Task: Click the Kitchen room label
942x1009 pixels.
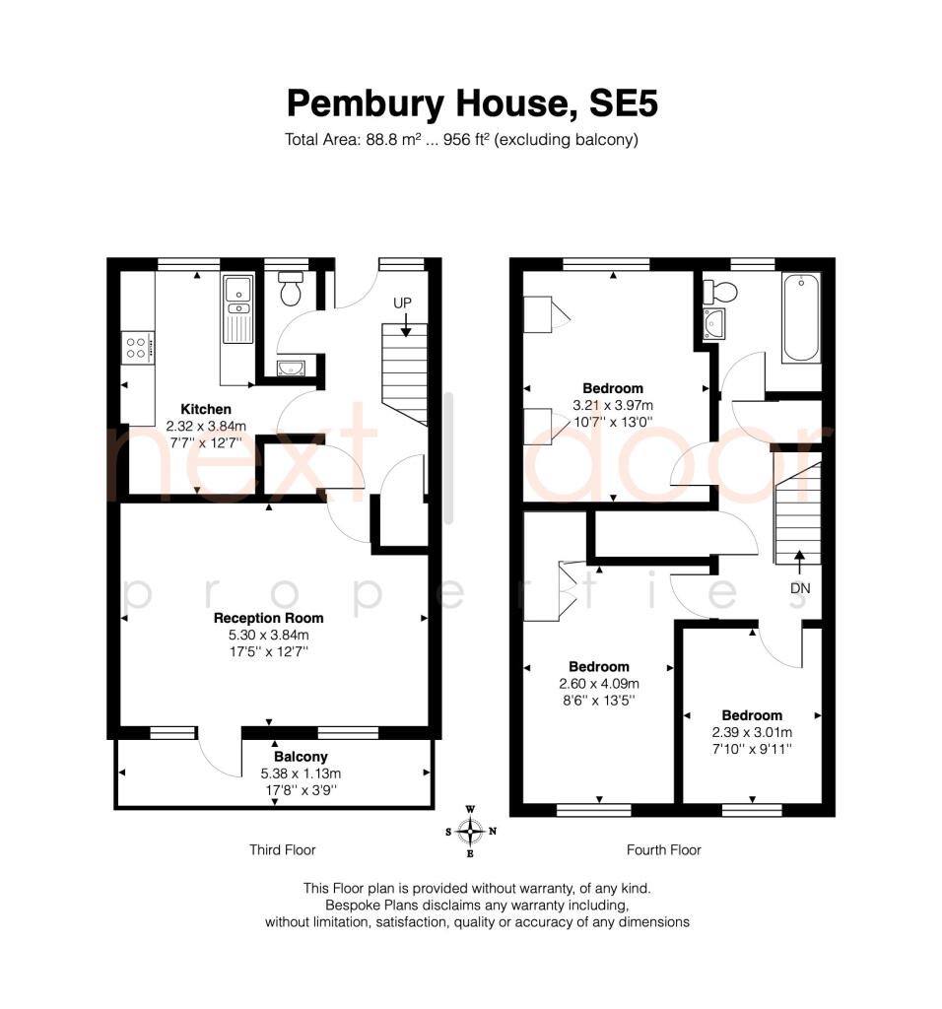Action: click(x=206, y=409)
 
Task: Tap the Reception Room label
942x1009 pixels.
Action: click(x=269, y=618)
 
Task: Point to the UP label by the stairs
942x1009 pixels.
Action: click(x=402, y=303)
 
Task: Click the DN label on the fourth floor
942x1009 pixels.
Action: click(x=799, y=587)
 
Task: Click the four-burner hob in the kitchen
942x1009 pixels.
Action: click(x=137, y=347)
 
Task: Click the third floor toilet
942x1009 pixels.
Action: click(x=291, y=289)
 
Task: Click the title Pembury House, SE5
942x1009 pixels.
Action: click(x=470, y=102)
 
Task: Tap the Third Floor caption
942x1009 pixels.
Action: click(x=283, y=849)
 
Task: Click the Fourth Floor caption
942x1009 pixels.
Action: click(x=664, y=849)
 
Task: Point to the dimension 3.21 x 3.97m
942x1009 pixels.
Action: click(x=613, y=405)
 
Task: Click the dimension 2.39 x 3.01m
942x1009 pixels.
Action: click(x=752, y=732)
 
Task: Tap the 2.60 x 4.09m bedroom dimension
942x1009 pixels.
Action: click(x=599, y=684)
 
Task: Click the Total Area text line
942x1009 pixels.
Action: click(x=461, y=139)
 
